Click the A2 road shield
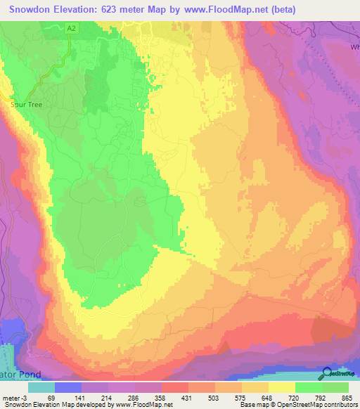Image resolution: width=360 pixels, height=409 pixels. [72, 27]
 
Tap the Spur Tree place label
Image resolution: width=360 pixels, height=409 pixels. [26, 103]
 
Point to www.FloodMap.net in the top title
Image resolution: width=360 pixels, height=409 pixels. [226, 9]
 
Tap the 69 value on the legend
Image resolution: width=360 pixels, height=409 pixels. [50, 398]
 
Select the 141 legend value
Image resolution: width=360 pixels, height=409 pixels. [79, 398]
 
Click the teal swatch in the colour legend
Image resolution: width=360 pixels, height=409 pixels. [41, 387]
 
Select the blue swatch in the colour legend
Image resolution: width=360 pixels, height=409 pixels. [68, 387]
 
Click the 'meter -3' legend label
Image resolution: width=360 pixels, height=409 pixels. [15, 398]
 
